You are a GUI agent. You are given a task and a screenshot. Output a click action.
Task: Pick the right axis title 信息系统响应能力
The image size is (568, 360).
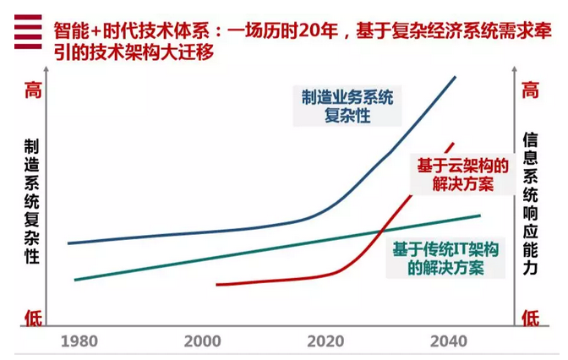click(530, 202)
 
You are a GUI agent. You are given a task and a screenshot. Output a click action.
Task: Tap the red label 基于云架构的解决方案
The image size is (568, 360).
click(461, 173)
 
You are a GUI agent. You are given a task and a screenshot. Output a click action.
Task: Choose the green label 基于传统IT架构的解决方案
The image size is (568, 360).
click(445, 258)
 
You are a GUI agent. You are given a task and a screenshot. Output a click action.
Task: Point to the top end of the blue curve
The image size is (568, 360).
click(456, 77)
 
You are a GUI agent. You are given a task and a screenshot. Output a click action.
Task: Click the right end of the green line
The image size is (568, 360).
click(479, 215)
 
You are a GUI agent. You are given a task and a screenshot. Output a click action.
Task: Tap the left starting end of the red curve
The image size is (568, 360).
click(218, 285)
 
